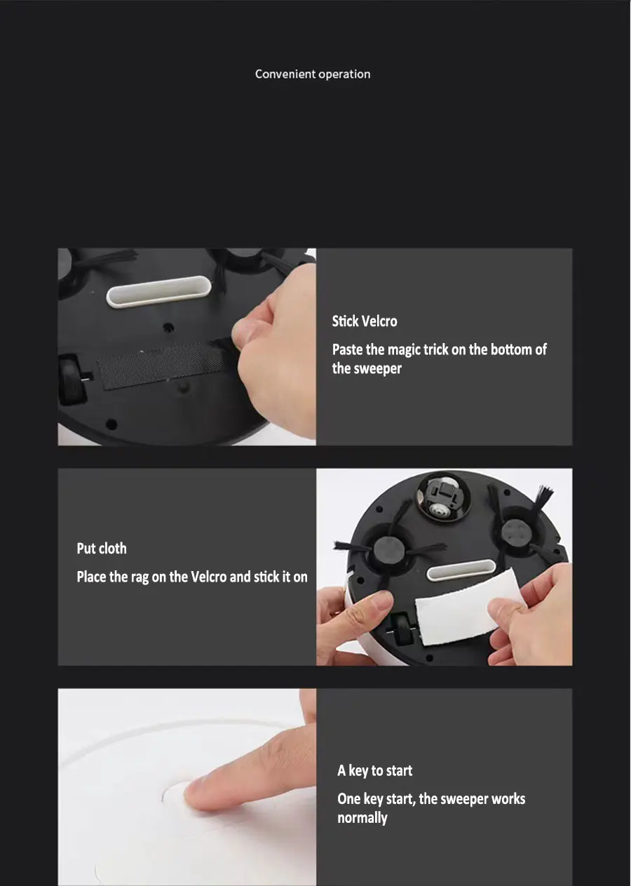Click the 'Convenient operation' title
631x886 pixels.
coord(313,74)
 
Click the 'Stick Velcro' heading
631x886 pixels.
coord(364,321)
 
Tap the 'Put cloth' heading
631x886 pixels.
coord(102,549)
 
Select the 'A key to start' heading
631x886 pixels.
coord(374,770)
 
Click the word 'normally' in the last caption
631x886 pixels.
coord(362,818)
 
